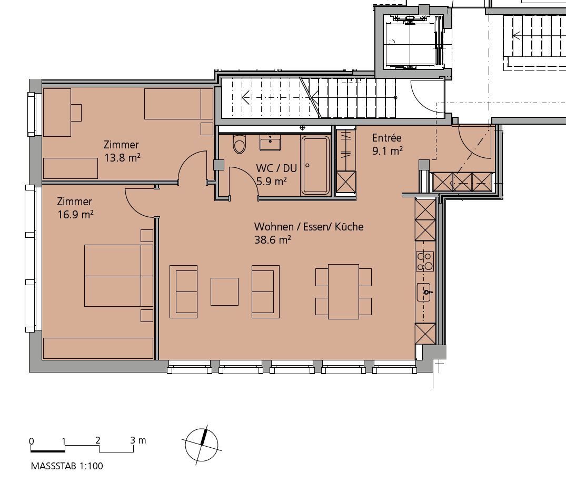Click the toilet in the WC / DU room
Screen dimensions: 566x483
point(240,144)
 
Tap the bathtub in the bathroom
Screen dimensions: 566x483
point(315,165)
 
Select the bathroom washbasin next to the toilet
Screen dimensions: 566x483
point(270,142)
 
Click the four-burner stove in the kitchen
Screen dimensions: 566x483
point(424,261)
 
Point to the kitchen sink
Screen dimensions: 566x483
point(424,292)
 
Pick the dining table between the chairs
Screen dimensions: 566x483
point(343,291)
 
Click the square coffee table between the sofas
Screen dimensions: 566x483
point(224,291)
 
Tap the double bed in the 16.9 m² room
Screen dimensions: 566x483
point(119,276)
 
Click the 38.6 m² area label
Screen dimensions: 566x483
point(273,240)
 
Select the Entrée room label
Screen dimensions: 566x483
point(386,138)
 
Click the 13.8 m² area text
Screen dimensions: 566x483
point(122,158)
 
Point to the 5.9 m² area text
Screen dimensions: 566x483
point(272,181)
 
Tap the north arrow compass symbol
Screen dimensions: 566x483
point(202,445)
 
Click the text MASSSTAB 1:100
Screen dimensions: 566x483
point(67,466)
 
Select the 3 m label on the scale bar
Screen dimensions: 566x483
point(138,440)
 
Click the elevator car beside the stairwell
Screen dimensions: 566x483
point(414,44)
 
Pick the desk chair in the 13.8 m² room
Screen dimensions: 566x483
point(76,113)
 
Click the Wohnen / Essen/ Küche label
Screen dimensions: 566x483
point(309,227)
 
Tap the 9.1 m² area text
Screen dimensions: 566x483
point(388,151)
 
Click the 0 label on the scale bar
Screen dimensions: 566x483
point(32,441)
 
